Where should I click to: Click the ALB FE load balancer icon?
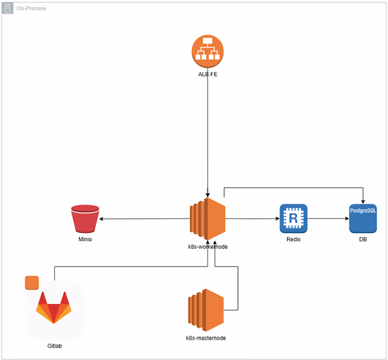(x=207, y=50)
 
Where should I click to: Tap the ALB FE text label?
(x=208, y=74)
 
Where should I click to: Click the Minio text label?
(x=85, y=239)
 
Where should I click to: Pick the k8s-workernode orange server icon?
(x=208, y=218)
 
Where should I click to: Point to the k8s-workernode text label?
(x=208, y=246)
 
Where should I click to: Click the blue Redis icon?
(x=293, y=218)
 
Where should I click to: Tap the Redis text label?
(x=293, y=239)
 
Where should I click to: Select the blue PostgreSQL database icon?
(x=363, y=218)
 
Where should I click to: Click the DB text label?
(x=363, y=239)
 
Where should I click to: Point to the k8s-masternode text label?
(x=206, y=338)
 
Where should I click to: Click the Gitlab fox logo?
(x=53, y=307)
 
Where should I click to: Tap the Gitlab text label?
(x=54, y=346)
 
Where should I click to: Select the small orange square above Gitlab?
(x=32, y=283)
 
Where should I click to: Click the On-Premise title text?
(x=31, y=8)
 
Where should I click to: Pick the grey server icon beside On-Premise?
(x=8, y=8)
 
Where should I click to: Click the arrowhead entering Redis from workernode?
(x=277, y=219)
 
